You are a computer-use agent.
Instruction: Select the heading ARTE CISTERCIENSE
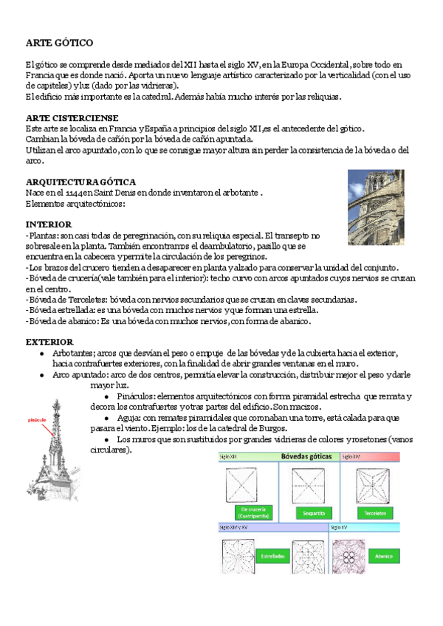(72, 118)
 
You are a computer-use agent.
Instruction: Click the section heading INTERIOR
(48, 224)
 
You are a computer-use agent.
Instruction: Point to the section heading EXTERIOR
(49, 342)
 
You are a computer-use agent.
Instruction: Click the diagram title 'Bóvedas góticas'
(309, 457)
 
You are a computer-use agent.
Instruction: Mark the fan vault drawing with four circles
(347, 555)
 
